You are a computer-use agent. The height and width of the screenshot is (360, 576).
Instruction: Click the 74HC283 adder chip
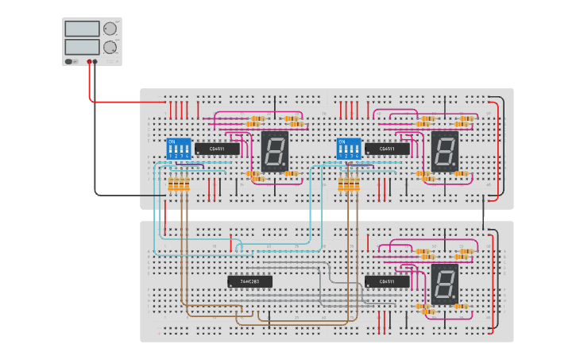249,281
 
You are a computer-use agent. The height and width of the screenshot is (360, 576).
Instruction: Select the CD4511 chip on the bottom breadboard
388,281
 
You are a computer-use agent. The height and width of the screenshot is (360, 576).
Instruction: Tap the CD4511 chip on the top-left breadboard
217,149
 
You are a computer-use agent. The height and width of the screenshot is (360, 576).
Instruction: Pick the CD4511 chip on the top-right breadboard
388,149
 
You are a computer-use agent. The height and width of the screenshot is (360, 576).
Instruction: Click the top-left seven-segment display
275,151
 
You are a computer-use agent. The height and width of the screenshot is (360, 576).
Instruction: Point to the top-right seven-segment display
445,151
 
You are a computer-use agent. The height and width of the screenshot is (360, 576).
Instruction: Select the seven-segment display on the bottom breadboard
445,284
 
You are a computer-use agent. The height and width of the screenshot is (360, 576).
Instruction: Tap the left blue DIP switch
179,149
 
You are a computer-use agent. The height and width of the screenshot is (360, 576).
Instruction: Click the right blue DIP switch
349,149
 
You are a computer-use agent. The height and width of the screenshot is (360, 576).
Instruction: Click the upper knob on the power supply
110,29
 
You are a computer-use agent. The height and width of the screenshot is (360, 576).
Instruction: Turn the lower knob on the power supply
110,48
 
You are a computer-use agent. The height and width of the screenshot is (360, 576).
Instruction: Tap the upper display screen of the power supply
83,29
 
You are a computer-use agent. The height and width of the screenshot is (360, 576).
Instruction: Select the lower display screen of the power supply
83,47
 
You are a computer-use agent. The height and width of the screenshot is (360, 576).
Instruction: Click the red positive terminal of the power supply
89,61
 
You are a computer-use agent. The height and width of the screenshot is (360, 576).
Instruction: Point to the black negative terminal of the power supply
95,61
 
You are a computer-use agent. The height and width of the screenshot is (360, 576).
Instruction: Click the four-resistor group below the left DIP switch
179,184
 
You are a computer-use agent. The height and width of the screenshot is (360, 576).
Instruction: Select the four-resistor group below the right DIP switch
349,184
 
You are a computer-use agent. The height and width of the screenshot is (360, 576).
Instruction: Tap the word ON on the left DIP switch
171,141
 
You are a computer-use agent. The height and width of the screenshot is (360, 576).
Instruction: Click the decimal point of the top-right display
456,166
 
